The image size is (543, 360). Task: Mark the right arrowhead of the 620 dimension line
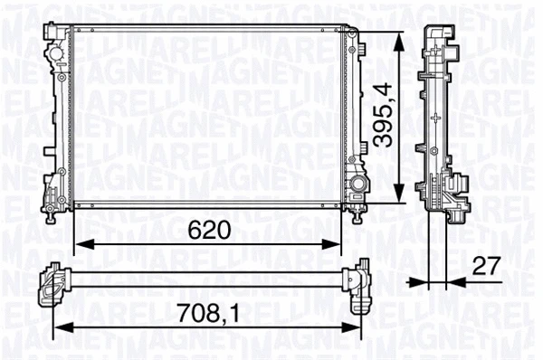click(337, 242)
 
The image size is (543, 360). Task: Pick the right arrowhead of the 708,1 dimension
click(353, 327)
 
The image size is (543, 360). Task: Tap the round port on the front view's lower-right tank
click(359, 185)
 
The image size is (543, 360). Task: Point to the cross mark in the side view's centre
click(437, 117)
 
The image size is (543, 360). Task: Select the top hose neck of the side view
click(438, 34)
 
